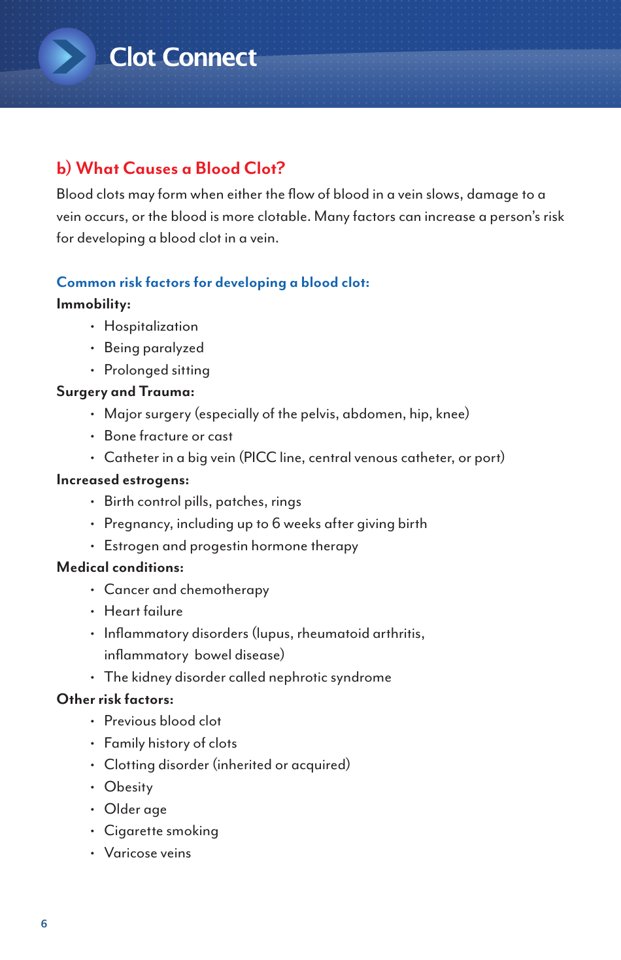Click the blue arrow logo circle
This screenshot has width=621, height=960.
point(67,57)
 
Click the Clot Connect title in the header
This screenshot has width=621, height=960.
point(182,58)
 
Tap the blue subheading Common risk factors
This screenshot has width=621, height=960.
point(212,282)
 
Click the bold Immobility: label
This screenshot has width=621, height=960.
point(93,304)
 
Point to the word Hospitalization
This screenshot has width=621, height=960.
point(151,326)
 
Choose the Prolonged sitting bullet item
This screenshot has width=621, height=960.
point(157,370)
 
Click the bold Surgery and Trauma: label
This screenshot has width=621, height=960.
point(125,391)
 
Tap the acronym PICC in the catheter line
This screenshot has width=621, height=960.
point(260,457)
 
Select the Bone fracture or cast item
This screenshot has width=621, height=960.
point(168,436)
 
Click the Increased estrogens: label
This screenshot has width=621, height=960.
point(122,480)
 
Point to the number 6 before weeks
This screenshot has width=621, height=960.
point(276,523)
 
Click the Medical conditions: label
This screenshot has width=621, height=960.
point(120,567)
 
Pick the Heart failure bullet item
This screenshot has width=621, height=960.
point(143,611)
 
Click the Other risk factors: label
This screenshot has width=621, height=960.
point(114,699)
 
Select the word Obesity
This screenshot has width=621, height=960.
point(128,787)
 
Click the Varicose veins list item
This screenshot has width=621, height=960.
point(147,853)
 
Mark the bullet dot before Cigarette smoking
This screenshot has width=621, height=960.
point(92,831)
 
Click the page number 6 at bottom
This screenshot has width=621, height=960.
point(44,923)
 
